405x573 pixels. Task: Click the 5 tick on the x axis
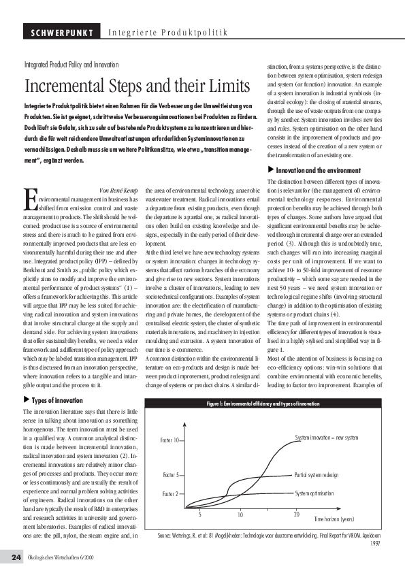pyautogui.click(x=200, y=514)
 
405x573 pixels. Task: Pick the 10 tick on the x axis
pyautogui.click(x=240, y=515)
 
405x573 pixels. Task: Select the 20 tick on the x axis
pyautogui.click(x=297, y=514)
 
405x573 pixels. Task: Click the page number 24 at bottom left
pyautogui.click(x=16, y=557)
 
